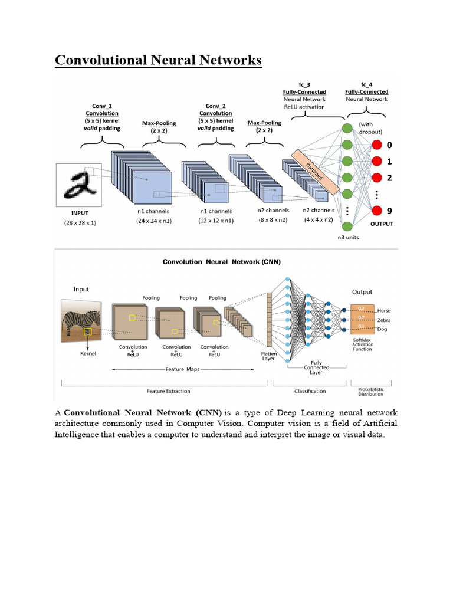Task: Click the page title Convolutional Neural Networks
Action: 158,60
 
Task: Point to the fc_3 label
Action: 304,84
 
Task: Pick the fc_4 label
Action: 367,84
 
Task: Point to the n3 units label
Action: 347,238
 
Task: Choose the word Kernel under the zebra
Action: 87,354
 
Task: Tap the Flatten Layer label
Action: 268,356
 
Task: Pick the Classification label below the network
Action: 311,391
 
